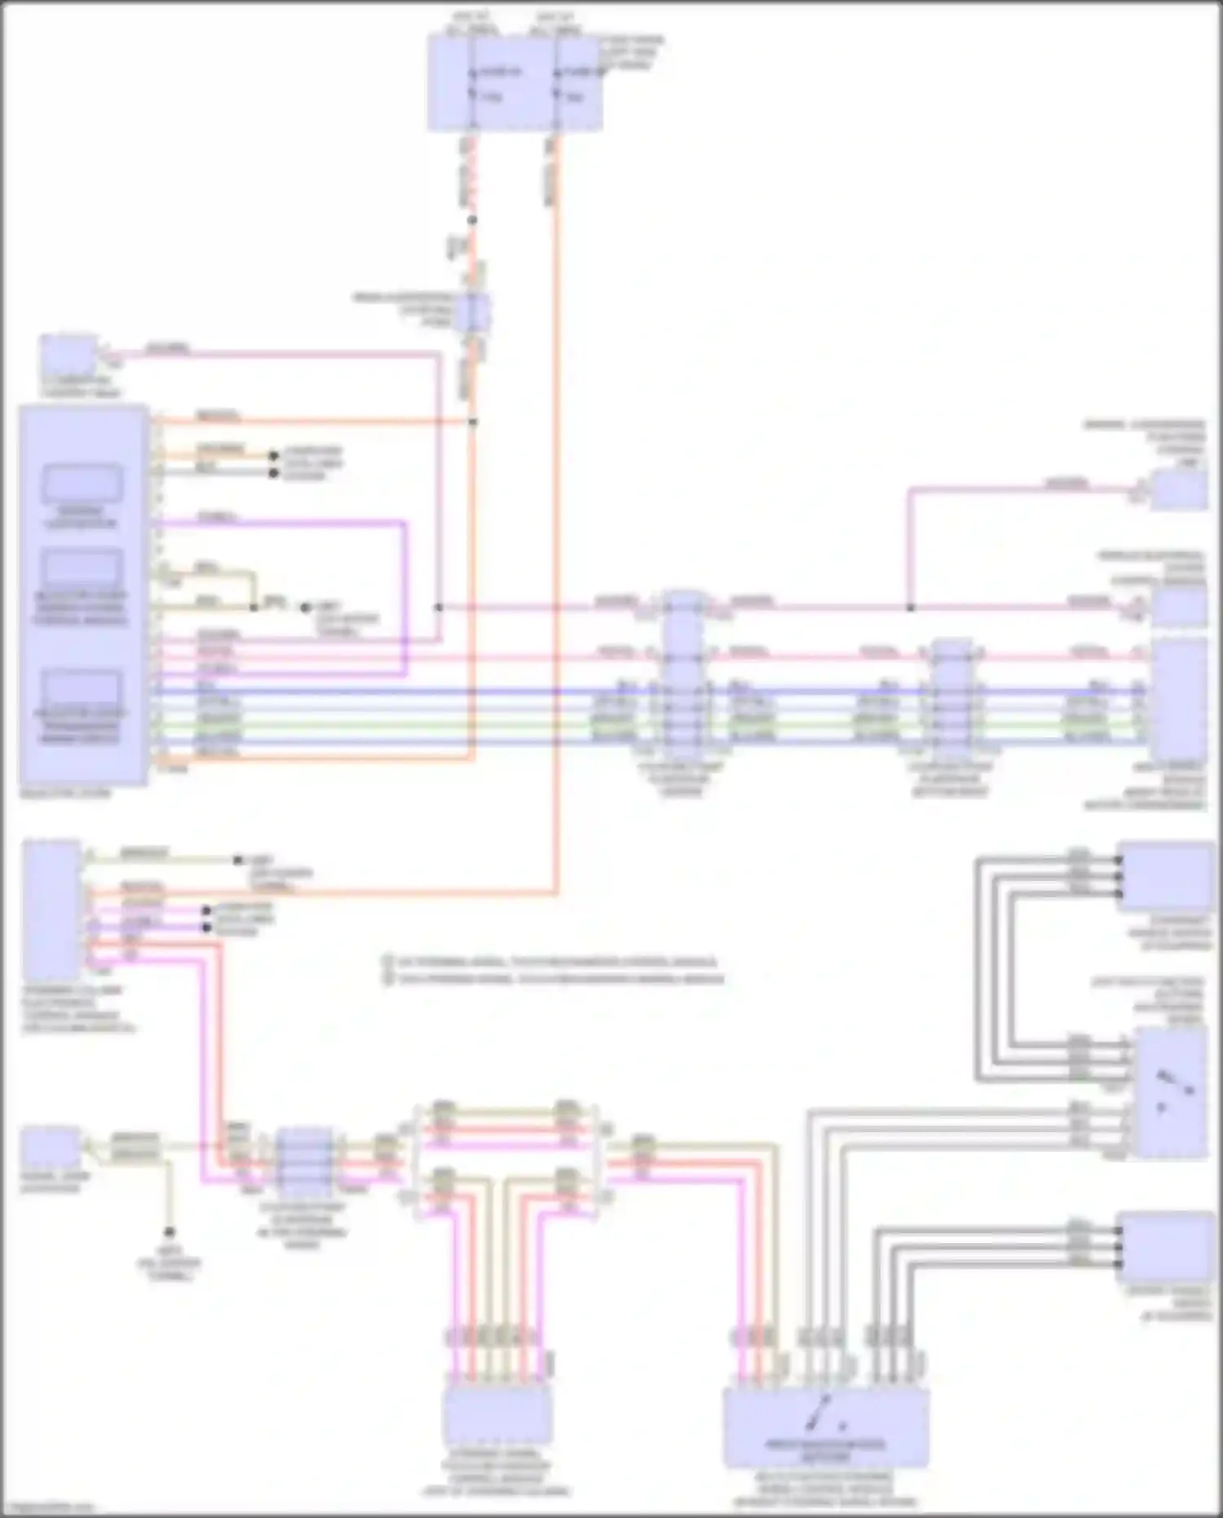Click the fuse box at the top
pyautogui.click(x=514, y=84)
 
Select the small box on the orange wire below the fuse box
pyautogui.click(x=473, y=312)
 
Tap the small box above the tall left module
pyautogui.click(x=68, y=357)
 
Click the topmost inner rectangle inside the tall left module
pyautogui.click(x=82, y=483)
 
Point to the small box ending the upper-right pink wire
pyautogui.click(x=1178, y=489)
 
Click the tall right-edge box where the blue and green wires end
pyautogui.click(x=1178, y=699)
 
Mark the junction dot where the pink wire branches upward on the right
pyautogui.click(x=910, y=608)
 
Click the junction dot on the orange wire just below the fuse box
pyautogui.click(x=472, y=220)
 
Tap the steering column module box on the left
pyautogui.click(x=52, y=909)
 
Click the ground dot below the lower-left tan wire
pyautogui.click(x=170, y=1232)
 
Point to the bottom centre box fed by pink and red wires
pyautogui.click(x=497, y=1415)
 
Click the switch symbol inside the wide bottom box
pyautogui.click(x=825, y=1413)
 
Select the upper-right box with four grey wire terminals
pyautogui.click(x=1166, y=877)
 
